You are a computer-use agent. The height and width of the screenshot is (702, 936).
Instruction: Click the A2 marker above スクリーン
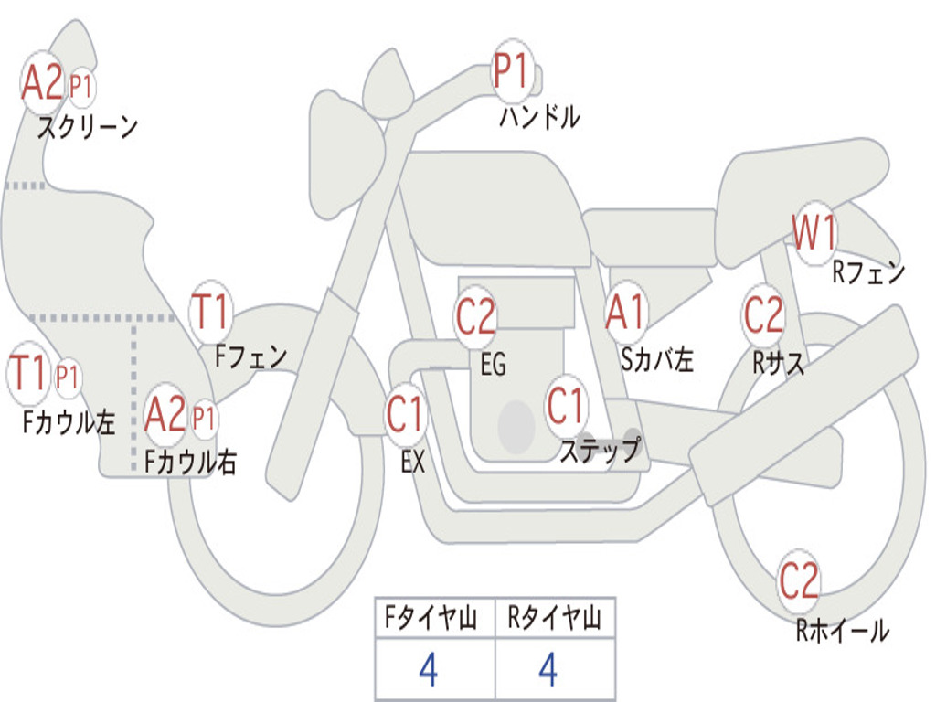[42, 83]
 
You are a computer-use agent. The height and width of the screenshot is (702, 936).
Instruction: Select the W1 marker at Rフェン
[814, 234]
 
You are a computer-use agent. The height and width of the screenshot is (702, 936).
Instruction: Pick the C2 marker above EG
[475, 317]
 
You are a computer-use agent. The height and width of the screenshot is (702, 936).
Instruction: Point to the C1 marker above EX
[406, 414]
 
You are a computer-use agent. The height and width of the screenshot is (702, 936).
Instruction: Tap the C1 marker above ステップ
[566, 405]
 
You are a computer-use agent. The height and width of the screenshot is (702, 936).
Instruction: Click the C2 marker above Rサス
[763, 314]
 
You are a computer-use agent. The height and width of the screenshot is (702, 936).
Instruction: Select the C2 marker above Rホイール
[799, 580]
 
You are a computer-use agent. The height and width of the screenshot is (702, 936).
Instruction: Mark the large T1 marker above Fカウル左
[27, 375]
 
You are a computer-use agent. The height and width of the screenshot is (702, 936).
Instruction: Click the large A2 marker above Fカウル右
[165, 415]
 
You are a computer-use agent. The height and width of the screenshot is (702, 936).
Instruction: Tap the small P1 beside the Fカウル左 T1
[68, 376]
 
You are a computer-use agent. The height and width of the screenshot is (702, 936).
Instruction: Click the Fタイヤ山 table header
[434, 619]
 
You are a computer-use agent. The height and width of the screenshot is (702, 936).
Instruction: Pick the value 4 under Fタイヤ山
[428, 671]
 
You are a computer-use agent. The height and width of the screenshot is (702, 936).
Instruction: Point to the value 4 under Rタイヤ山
[548, 671]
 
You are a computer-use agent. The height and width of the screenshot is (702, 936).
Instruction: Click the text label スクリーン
[88, 127]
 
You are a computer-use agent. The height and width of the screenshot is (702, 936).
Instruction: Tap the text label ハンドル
[539, 117]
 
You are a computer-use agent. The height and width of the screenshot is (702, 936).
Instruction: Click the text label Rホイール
[842, 630]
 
